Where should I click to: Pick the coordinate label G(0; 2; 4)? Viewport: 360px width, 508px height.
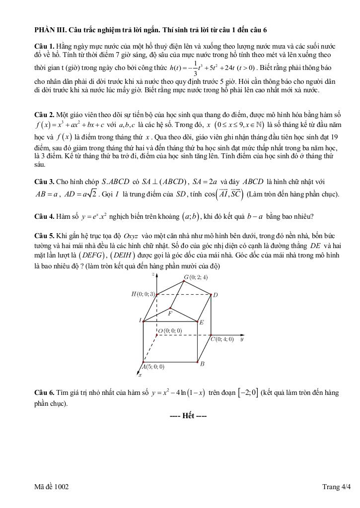click(x=196, y=277)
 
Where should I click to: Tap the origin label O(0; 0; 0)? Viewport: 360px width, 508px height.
click(x=170, y=330)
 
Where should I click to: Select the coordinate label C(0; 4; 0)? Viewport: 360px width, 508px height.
click(x=222, y=339)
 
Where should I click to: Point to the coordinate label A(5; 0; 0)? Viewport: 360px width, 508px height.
click(x=153, y=367)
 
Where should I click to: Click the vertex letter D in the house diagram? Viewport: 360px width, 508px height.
click(x=215, y=295)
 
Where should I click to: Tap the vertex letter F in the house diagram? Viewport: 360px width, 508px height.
click(x=170, y=314)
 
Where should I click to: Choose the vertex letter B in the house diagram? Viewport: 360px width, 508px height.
click(x=202, y=364)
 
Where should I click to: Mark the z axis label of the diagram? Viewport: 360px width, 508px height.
click(x=160, y=273)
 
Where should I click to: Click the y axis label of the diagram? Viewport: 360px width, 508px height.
click(x=241, y=340)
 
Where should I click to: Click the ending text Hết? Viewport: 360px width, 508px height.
click(x=188, y=415)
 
